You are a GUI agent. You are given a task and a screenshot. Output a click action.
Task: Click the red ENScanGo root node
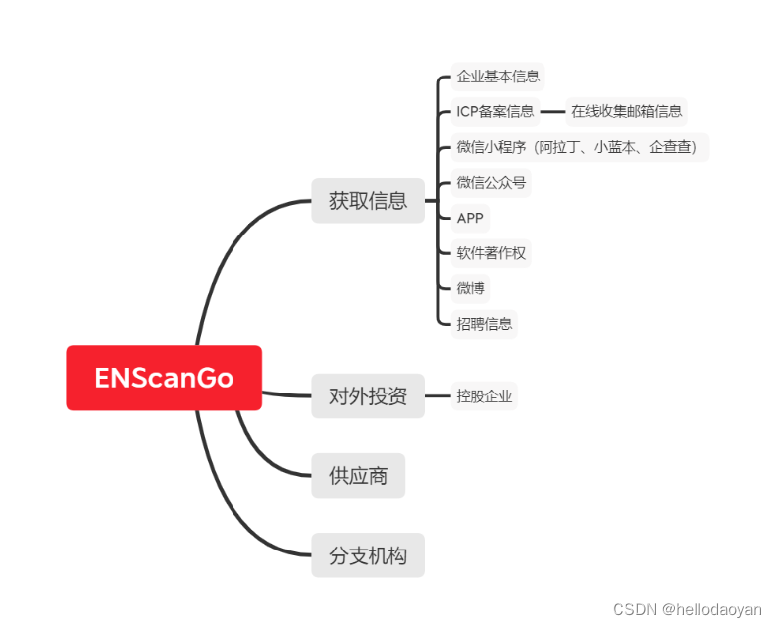[164, 378]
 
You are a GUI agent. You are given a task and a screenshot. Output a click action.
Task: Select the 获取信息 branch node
[368, 200]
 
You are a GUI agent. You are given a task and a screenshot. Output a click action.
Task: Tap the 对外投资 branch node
[368, 395]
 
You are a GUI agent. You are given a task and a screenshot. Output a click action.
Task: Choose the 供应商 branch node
[358, 475]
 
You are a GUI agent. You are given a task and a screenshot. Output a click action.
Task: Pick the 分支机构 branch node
[368, 554]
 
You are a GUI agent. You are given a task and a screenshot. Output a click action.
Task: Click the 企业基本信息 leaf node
[498, 76]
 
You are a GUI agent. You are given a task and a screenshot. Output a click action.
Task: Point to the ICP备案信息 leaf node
[495, 111]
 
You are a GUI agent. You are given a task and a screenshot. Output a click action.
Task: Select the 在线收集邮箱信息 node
[626, 111]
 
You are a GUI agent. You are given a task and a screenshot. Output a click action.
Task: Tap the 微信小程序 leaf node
[580, 147]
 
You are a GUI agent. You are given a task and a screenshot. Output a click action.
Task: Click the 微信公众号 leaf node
[491, 182]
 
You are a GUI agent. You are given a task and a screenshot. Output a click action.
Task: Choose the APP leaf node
[470, 218]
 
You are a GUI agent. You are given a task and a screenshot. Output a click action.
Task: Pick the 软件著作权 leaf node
[491, 252]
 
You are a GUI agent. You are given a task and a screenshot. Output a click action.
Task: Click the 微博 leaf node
[470, 288]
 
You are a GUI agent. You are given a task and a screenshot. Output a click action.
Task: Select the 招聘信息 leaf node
[484, 323]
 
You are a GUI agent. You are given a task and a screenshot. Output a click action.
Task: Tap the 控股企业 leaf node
[484, 395]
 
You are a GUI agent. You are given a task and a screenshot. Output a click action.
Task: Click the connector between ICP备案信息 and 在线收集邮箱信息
[551, 111]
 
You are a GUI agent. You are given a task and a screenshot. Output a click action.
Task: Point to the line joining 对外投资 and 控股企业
[437, 395]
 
